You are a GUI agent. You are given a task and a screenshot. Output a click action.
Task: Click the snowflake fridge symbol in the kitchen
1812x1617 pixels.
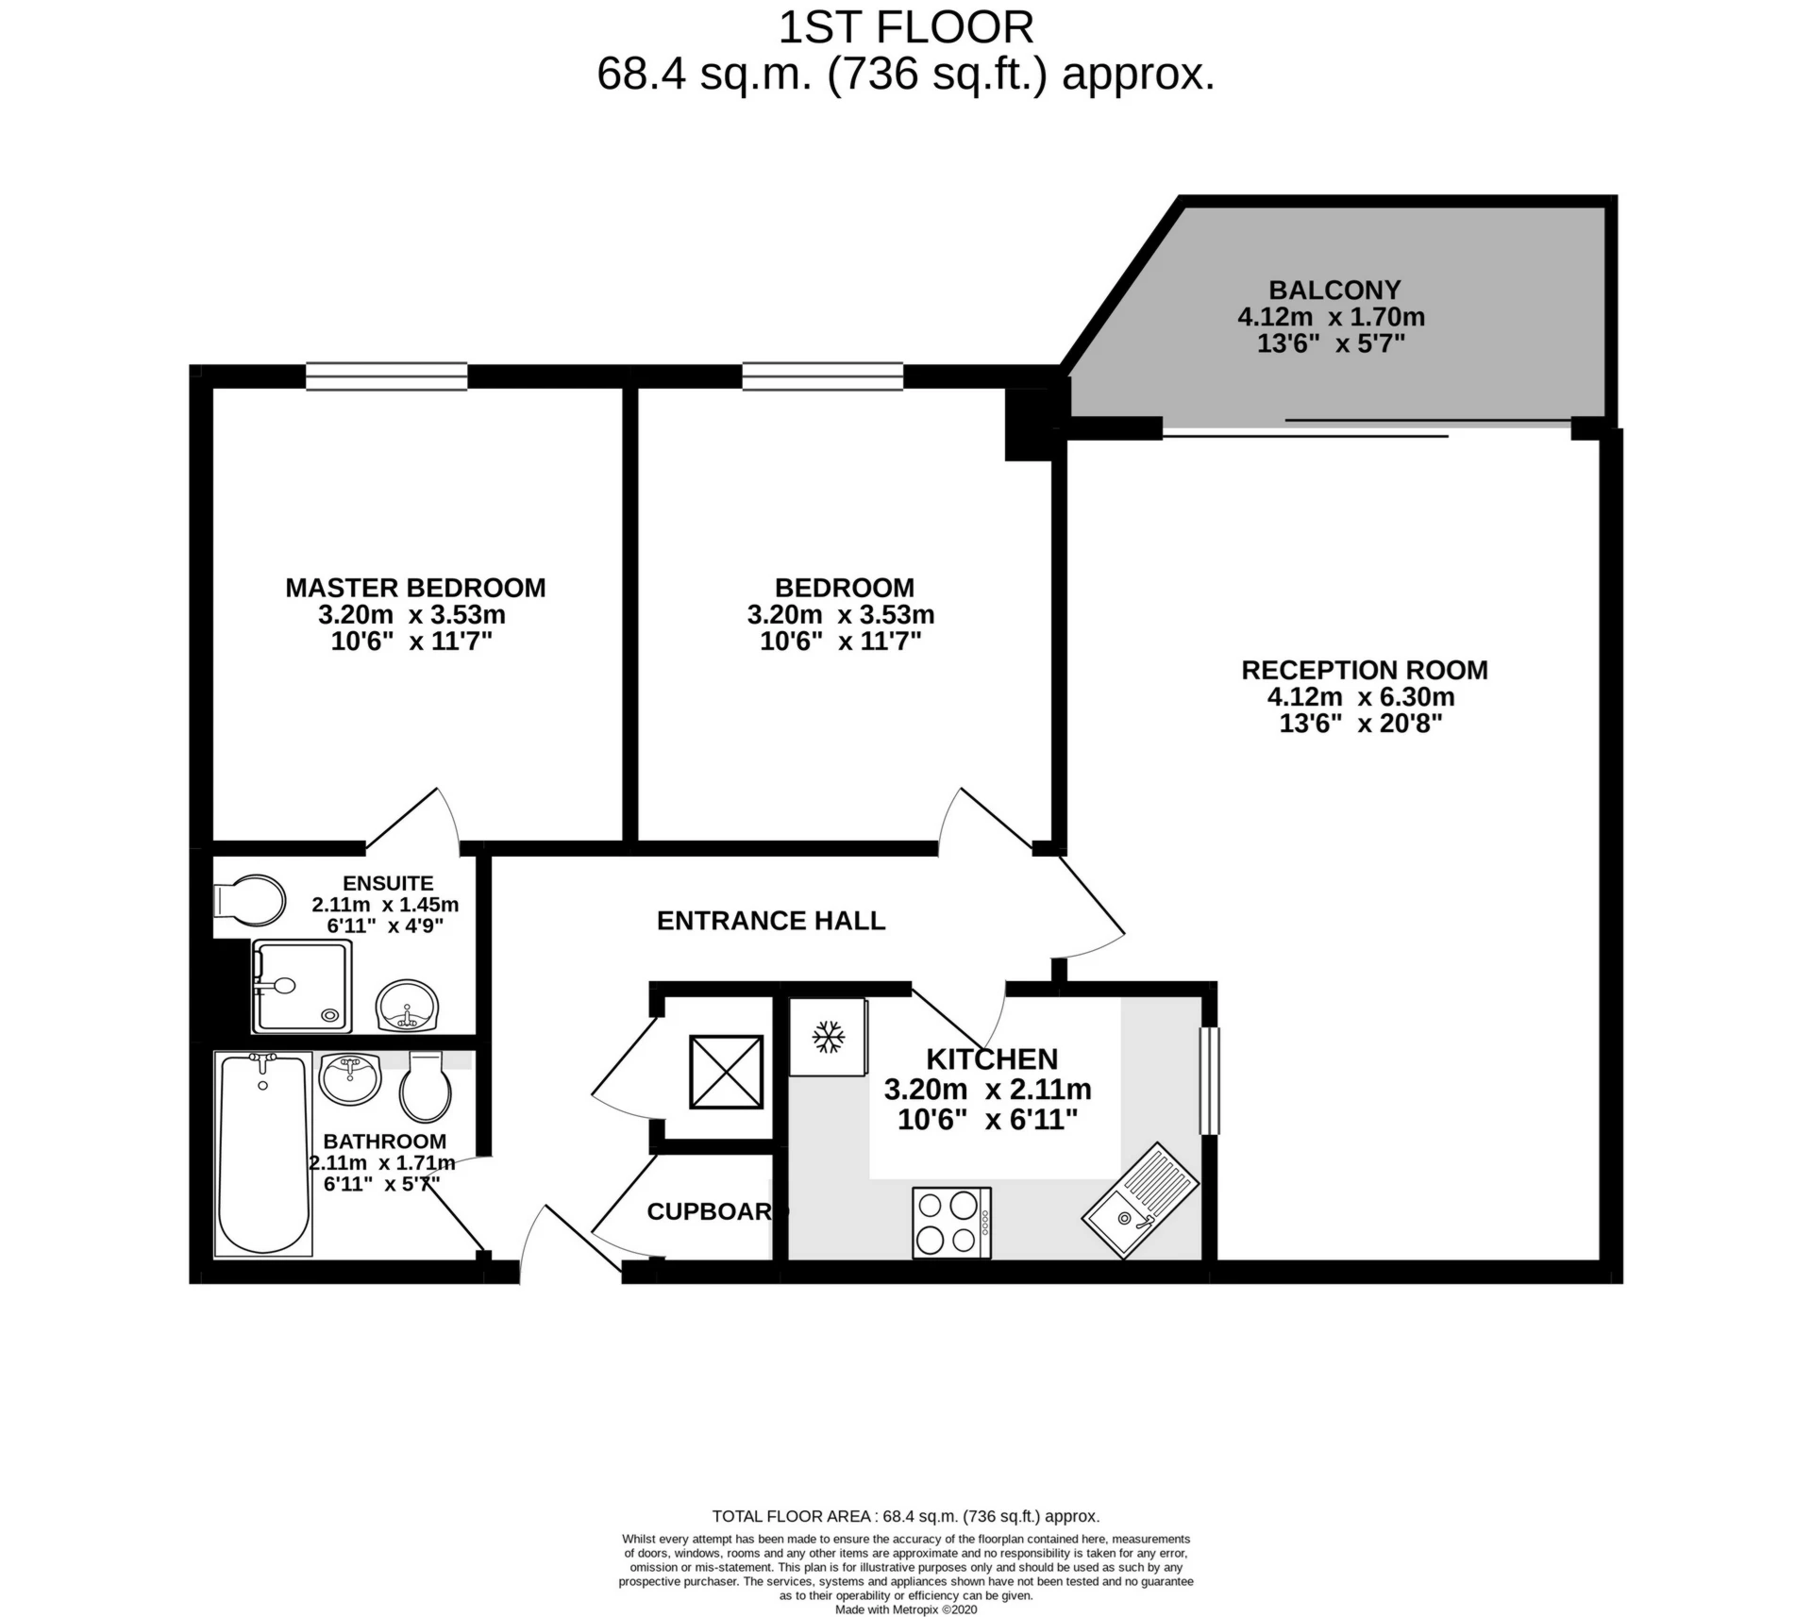828,1037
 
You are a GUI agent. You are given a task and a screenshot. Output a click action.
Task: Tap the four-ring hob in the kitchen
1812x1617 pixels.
951,1222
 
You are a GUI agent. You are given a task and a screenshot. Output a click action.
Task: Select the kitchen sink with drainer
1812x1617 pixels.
1140,1201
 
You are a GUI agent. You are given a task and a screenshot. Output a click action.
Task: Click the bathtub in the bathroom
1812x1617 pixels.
263,1154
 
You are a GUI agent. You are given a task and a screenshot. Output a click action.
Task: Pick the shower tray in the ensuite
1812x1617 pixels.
302,986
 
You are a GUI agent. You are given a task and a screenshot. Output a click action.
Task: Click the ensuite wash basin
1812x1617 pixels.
407,1006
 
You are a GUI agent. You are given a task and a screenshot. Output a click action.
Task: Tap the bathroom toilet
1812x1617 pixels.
426,1087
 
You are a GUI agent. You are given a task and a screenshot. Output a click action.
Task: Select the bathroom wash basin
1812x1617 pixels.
350,1078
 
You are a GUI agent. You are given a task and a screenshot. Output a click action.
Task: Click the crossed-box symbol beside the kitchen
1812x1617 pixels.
726,1072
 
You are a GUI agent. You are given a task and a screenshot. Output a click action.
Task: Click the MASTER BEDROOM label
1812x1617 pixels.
416,588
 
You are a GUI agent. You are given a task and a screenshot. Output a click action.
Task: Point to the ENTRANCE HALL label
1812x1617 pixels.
771,921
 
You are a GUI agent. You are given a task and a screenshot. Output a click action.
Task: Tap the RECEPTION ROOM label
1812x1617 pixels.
1365,670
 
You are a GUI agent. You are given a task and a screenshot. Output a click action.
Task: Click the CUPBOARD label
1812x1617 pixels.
717,1211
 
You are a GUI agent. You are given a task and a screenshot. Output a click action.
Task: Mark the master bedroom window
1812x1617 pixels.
387,376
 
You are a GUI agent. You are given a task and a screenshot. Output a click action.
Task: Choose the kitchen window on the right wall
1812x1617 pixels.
1209,1080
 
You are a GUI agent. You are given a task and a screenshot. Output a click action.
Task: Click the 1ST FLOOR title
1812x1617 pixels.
906,27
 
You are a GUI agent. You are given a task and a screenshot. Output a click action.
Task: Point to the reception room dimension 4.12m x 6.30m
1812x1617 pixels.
1361,697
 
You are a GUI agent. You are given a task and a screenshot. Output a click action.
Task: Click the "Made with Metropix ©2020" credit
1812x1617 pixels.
906,1609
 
